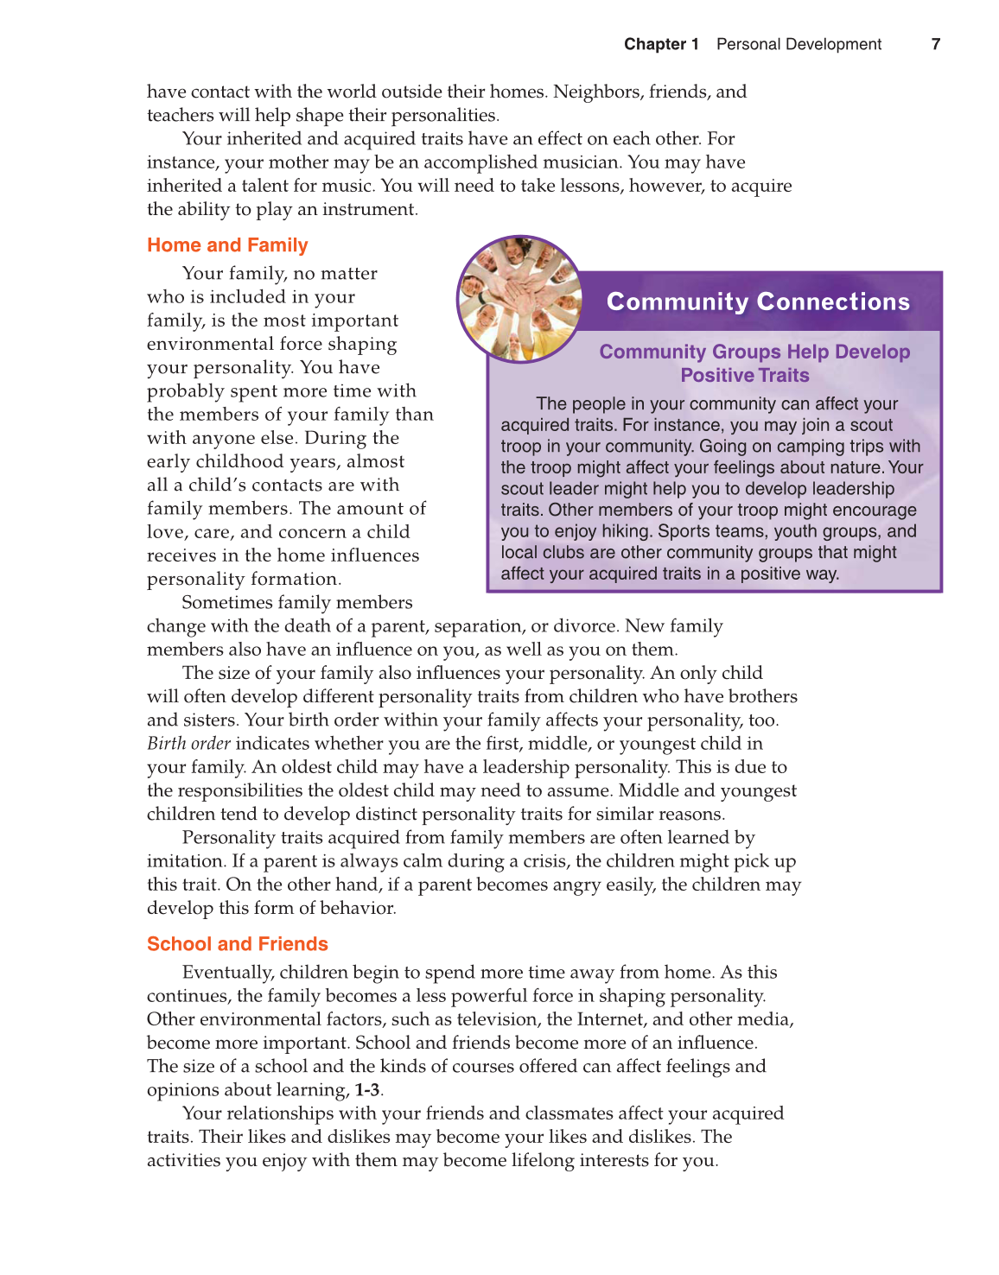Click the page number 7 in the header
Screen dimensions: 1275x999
[x=936, y=44]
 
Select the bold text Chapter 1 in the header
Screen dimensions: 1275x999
[x=661, y=44]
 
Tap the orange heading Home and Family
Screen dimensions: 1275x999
[x=227, y=245]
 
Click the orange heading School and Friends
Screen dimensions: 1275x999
[x=238, y=944]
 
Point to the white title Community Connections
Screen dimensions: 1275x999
[x=758, y=301]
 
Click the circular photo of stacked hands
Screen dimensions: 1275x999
[x=520, y=298]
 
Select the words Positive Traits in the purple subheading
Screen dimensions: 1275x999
[x=745, y=376]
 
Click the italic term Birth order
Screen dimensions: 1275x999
[x=188, y=744]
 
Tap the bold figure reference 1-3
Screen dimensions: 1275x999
[x=367, y=1090]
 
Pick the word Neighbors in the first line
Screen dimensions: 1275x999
[x=598, y=92]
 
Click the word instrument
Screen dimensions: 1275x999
[x=375, y=210]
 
